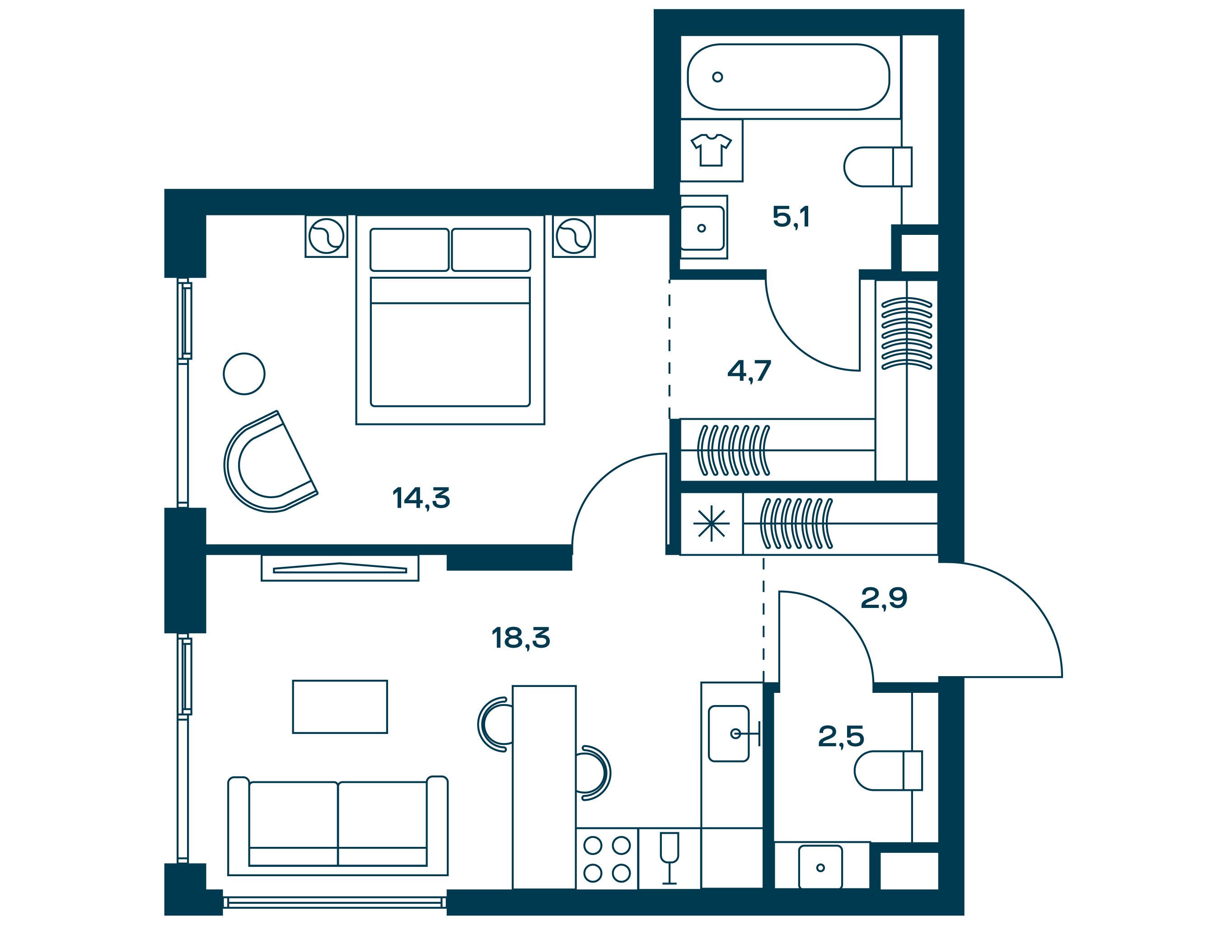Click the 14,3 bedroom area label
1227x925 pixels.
click(x=421, y=498)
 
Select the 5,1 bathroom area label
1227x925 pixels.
click(x=791, y=217)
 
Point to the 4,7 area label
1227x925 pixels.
click(x=749, y=371)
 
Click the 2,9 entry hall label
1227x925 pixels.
click(x=884, y=598)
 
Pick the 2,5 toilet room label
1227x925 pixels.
click(x=841, y=737)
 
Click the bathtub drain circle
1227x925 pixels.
click(x=718, y=77)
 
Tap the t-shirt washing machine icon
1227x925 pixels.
click(x=711, y=150)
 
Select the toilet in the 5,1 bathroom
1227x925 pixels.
click(x=877, y=166)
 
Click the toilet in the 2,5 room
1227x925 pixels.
click(x=888, y=770)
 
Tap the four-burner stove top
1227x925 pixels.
click(x=607, y=859)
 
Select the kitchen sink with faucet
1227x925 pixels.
click(x=732, y=733)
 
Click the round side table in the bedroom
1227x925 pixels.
click(x=244, y=374)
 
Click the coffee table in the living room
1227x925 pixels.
click(x=340, y=706)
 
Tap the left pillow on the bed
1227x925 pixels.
click(x=409, y=250)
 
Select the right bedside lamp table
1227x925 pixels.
click(x=574, y=236)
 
